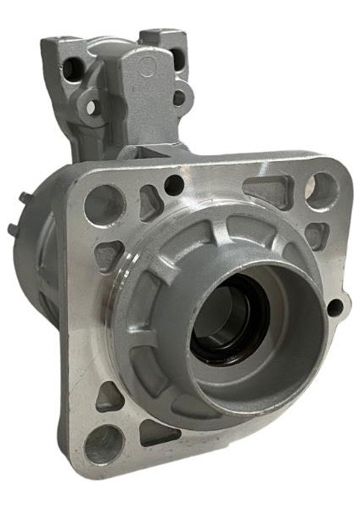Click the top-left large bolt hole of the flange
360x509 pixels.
point(103,204)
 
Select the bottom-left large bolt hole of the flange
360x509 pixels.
point(103,443)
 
